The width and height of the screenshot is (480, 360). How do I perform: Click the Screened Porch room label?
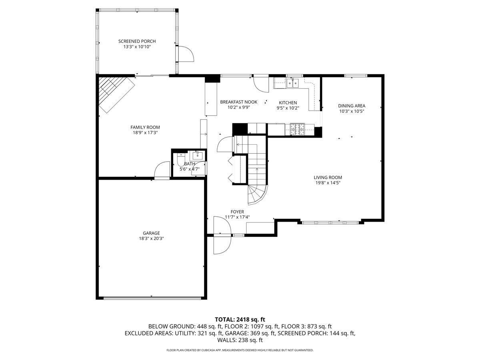(137, 41)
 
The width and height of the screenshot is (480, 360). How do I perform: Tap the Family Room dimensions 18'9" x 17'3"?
(145, 132)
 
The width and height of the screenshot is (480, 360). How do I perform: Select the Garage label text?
(151, 233)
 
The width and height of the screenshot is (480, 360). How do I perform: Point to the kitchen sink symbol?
(292, 83)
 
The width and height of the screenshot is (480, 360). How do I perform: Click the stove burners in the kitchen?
(297, 129)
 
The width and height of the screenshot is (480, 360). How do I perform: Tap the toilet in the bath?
(181, 160)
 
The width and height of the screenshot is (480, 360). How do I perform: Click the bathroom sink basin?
(198, 156)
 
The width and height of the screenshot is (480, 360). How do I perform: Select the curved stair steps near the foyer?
(258, 195)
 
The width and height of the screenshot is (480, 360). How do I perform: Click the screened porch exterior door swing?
(186, 54)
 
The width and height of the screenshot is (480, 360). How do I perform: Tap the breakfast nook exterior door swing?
(261, 84)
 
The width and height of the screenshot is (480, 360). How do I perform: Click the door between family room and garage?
(162, 170)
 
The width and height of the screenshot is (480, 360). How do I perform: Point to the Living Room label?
(328, 178)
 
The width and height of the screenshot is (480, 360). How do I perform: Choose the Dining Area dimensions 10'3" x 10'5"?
(352, 111)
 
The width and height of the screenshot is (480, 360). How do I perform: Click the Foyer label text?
(237, 212)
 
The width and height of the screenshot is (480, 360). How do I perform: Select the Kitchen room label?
(288, 102)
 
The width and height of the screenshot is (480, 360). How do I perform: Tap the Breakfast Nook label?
(239, 102)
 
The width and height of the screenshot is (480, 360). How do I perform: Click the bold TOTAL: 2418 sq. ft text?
(240, 320)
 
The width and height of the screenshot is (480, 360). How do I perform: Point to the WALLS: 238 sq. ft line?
(240, 340)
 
